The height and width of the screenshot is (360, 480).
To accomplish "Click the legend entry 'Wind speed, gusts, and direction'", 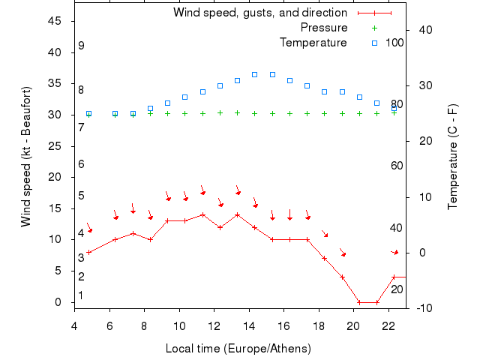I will [259, 13].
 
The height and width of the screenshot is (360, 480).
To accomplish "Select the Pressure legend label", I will [323, 28].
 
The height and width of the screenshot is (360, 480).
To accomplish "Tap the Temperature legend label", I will [313, 43].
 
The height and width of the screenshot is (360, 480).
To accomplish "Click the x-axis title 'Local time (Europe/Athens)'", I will [238, 349].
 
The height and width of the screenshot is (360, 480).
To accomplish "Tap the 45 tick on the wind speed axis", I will [55, 21].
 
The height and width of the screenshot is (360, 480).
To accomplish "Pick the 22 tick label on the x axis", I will [388, 325].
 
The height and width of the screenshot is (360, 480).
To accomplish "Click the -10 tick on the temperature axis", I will [424, 308].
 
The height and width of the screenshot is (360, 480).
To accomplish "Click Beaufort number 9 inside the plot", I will [81, 46].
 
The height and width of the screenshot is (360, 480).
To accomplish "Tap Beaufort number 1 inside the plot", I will [81, 295].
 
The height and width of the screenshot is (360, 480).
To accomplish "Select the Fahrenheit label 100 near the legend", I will [394, 43].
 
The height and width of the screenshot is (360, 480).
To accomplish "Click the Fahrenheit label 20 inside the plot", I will [397, 289].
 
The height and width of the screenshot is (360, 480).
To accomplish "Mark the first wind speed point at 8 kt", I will [88, 252].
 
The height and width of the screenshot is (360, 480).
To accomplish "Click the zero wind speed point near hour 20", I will [359, 302].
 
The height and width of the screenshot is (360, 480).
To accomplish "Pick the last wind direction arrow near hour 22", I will [395, 252].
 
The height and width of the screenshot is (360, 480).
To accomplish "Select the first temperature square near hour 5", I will [88, 113].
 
